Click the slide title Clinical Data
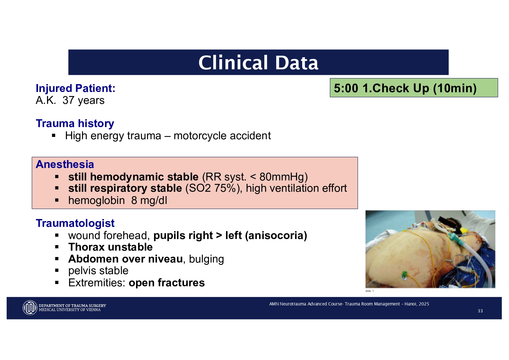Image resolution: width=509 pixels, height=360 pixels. (258, 63)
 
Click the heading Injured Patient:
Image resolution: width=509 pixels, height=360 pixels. (75, 88)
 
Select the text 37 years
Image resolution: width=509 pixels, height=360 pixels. (83, 100)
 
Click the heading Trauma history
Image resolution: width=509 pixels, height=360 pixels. (75, 124)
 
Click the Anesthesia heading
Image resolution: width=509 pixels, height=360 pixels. (65, 164)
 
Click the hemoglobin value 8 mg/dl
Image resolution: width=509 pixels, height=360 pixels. (149, 200)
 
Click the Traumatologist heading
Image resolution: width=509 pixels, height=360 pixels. (75, 223)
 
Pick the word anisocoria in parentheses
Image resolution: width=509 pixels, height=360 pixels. (276, 236)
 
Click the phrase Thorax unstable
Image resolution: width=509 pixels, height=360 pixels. (110, 247)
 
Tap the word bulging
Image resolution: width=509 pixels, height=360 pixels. (206, 259)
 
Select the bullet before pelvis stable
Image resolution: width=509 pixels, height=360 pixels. (57, 271)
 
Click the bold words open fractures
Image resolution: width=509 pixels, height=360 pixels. (167, 283)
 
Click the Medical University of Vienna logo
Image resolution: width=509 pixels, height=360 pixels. (30, 308)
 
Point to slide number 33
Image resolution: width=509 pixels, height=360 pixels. (480, 311)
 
